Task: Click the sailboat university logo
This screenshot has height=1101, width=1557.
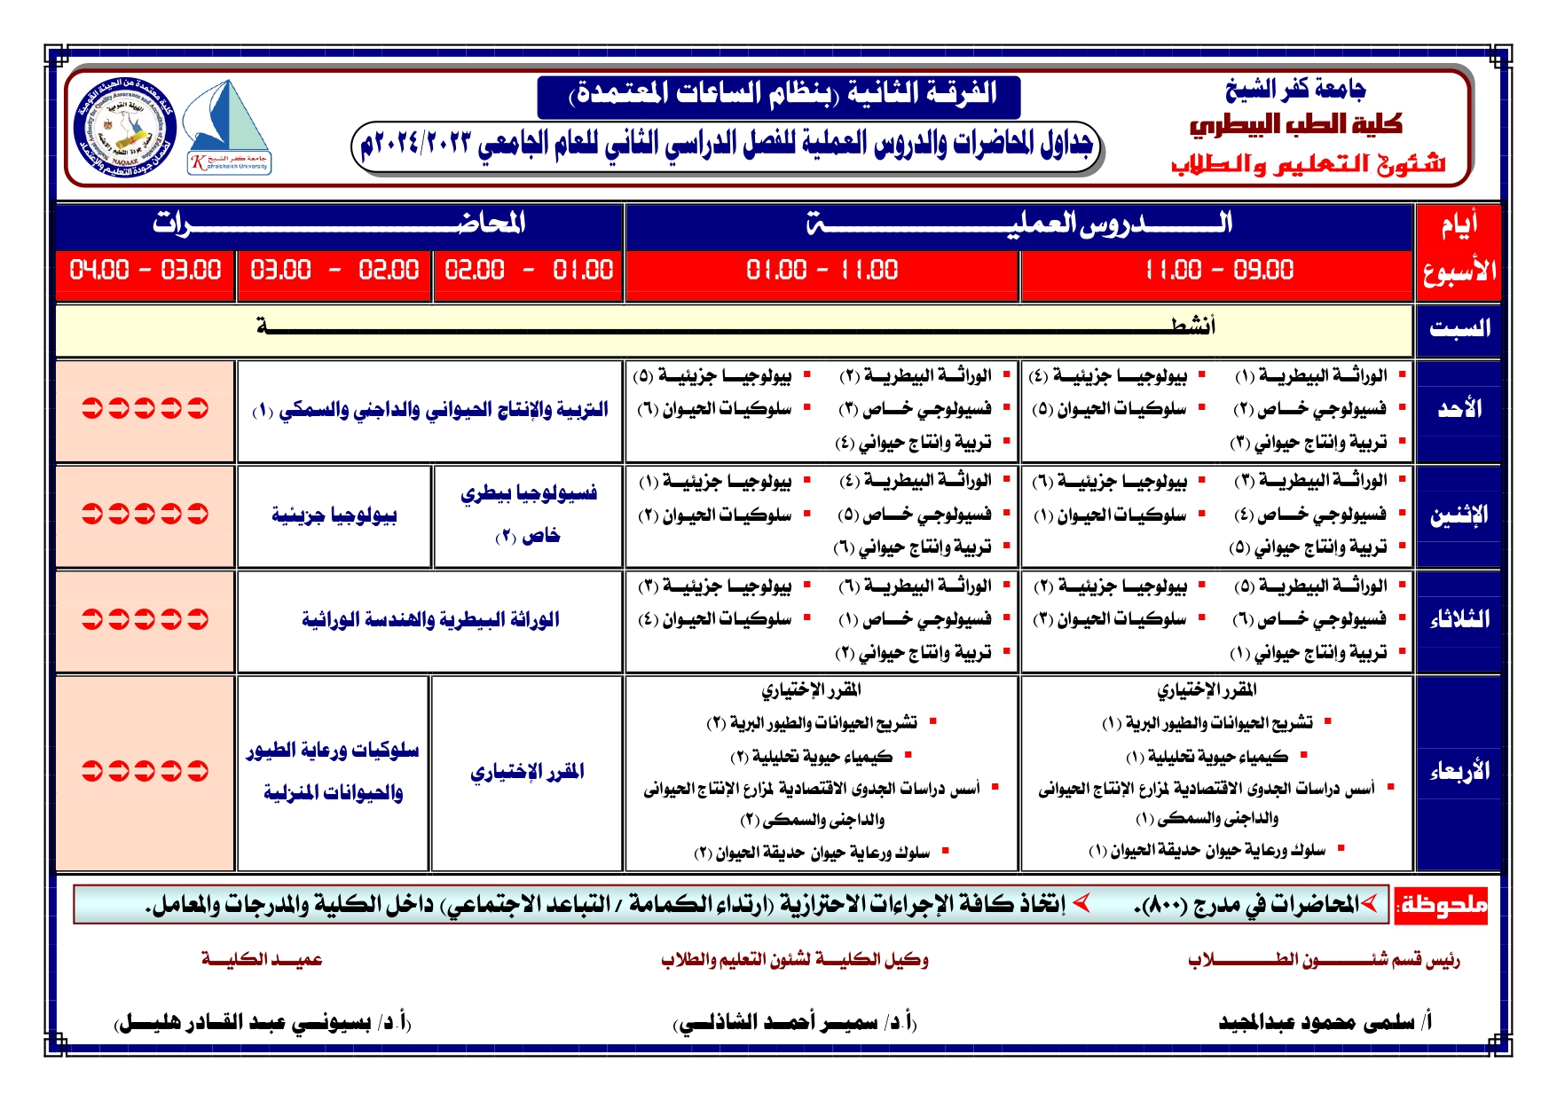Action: click(x=228, y=127)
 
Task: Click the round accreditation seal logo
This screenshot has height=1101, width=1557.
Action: click(x=124, y=127)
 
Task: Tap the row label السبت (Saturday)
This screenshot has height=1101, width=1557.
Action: click(x=1459, y=329)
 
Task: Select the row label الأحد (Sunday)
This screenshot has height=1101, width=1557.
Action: click(x=1459, y=409)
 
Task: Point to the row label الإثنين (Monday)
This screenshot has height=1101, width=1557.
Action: click(x=1459, y=515)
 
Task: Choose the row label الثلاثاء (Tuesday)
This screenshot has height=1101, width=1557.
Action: click(x=1459, y=619)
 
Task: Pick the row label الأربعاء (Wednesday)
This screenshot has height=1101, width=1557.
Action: click(x=1459, y=772)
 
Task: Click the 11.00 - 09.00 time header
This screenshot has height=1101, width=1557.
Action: click(x=1218, y=270)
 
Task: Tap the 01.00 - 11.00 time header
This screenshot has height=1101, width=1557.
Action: click(x=822, y=270)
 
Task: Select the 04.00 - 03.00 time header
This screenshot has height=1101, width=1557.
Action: click(x=145, y=270)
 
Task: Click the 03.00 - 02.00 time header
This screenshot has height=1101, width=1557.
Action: click(x=334, y=270)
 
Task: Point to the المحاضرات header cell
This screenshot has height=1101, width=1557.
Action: click(x=339, y=224)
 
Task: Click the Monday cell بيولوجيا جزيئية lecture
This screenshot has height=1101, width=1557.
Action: click(x=334, y=515)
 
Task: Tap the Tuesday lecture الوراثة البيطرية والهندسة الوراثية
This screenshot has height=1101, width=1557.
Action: click(x=430, y=619)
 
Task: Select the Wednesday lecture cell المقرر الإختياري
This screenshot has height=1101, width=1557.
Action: click(x=527, y=772)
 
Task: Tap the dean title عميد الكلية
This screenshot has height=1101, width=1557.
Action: click(x=262, y=959)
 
